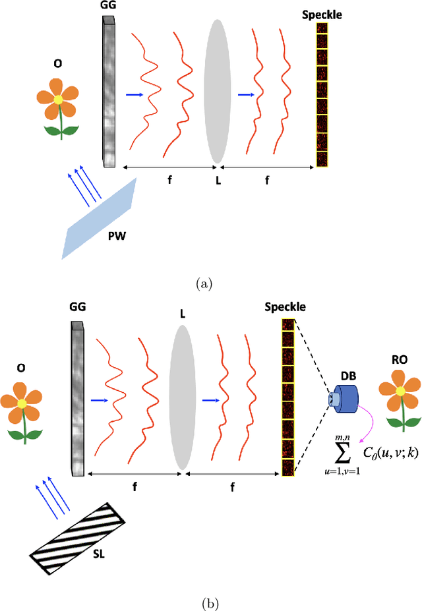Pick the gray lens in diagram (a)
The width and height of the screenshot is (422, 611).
point(218,91)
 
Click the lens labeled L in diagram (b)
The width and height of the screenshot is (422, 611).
point(181,391)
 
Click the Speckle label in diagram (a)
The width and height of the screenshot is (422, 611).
point(322,13)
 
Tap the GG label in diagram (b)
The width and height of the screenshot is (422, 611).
point(76,308)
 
